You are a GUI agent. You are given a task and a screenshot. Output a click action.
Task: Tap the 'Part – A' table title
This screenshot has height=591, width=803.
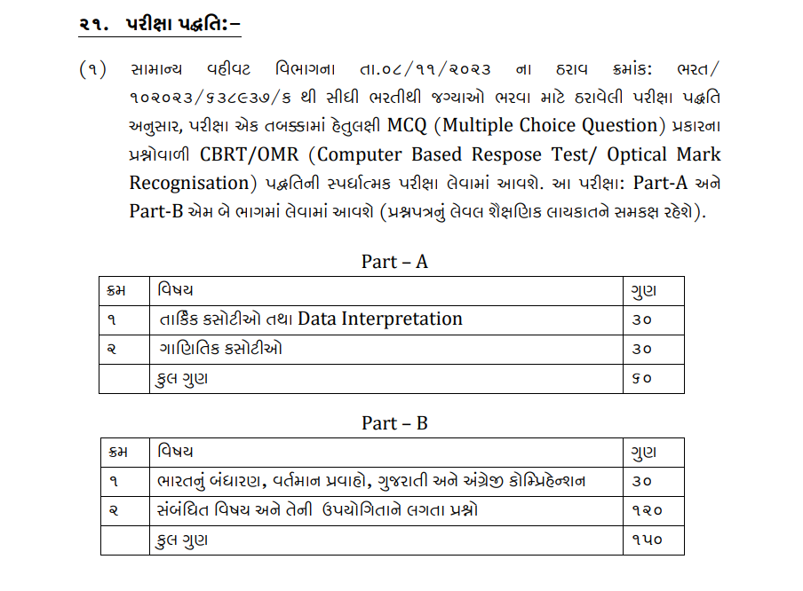click(394, 261)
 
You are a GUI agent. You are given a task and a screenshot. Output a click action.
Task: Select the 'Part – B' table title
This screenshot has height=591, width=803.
click(394, 423)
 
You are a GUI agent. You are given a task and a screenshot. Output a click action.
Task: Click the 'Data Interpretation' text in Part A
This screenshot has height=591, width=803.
click(380, 319)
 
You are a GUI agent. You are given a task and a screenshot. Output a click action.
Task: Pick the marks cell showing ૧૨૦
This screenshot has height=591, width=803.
click(647, 510)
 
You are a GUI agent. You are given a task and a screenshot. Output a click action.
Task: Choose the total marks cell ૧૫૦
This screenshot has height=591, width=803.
click(647, 540)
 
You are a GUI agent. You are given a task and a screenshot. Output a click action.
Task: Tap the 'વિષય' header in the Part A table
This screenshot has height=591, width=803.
click(176, 290)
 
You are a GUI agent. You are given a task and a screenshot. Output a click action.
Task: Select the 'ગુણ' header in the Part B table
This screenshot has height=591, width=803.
click(644, 452)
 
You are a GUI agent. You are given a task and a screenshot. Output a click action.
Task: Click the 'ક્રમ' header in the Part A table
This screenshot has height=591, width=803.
click(115, 290)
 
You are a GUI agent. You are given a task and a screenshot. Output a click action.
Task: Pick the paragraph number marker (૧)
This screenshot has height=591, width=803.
click(91, 67)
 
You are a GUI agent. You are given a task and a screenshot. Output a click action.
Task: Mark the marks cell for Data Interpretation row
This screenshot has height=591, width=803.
click(642, 319)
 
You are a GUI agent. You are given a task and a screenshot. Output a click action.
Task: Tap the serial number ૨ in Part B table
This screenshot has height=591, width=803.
click(112, 510)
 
